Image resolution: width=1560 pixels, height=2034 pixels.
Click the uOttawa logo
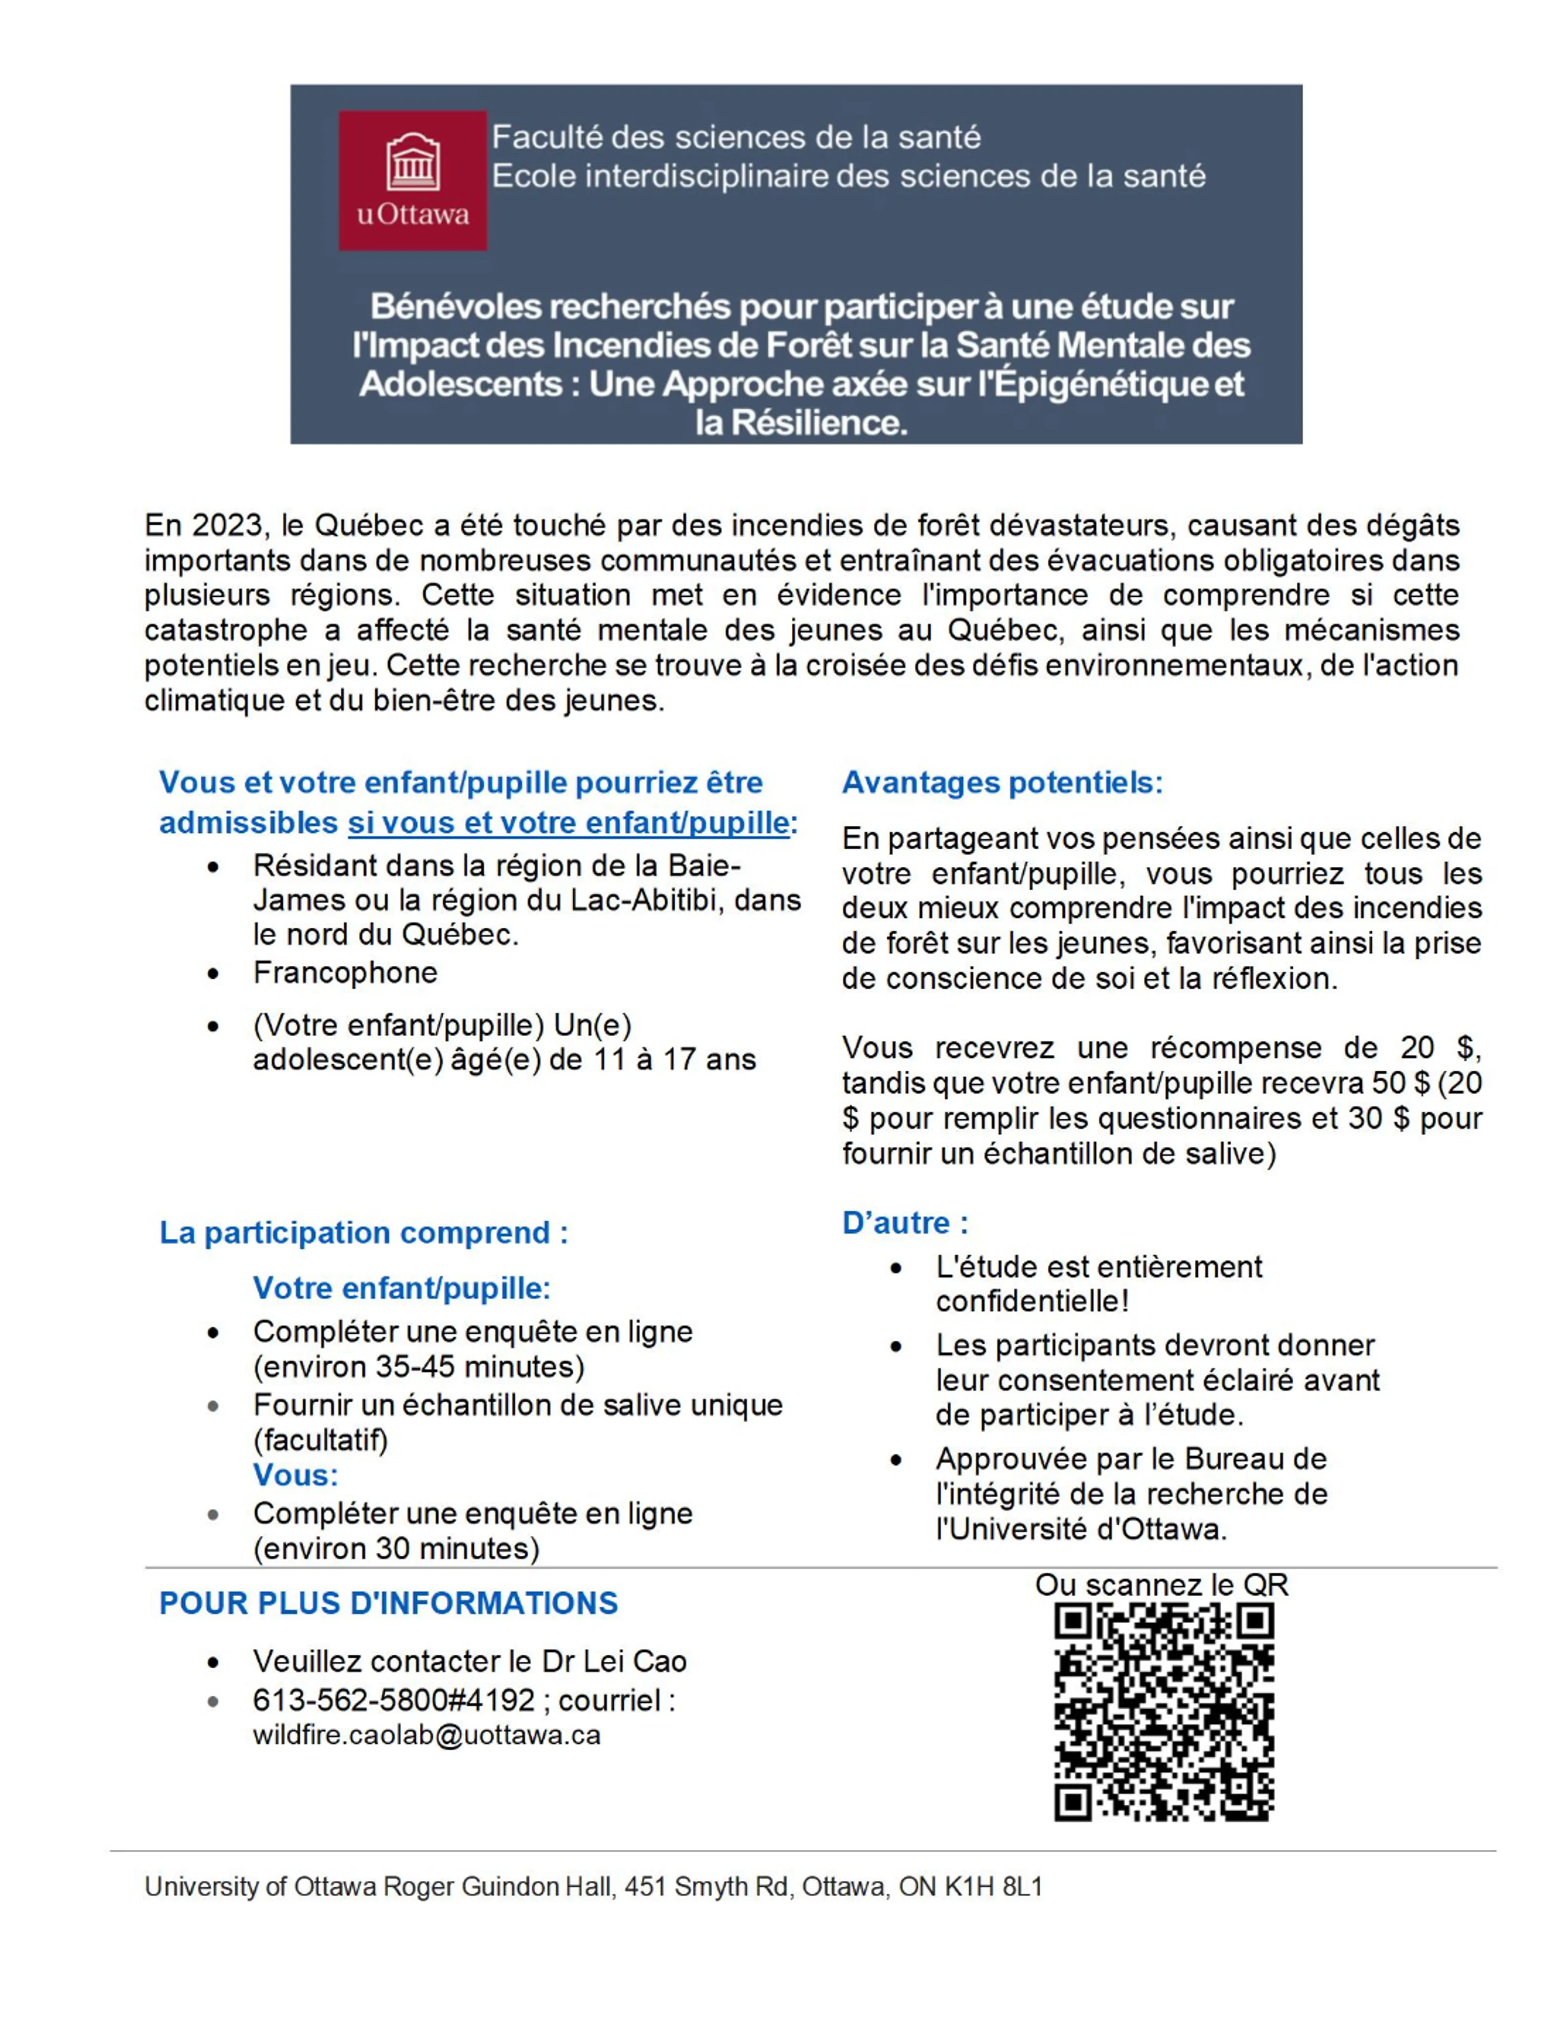tap(412, 180)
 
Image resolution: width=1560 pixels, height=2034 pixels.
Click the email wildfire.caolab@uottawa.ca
tap(426, 1735)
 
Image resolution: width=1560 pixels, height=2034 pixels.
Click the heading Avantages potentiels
tap(1002, 783)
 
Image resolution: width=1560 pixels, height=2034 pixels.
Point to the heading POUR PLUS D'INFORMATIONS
tap(388, 1603)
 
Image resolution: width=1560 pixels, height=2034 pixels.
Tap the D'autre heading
tap(904, 1223)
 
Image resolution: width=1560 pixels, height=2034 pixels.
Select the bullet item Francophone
tap(345, 973)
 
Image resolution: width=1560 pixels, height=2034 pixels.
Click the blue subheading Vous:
tap(295, 1475)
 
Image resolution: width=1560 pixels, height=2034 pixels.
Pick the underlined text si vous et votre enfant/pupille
tap(568, 823)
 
